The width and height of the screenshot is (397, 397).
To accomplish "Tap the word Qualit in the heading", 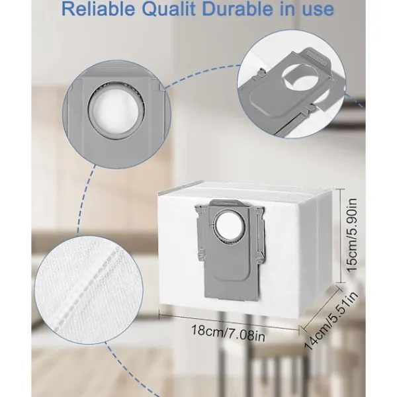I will (x=175, y=10).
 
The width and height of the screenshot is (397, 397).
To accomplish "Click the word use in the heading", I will (x=318, y=10).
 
